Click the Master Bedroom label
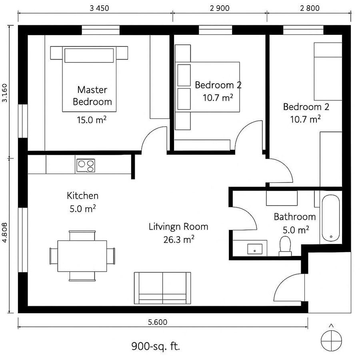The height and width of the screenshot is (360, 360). (92, 96)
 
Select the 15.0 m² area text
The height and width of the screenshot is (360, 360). (91, 119)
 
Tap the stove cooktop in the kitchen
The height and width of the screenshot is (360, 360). (86, 166)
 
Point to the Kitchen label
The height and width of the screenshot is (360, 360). (82, 196)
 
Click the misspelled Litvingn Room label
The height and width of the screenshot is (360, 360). (178, 227)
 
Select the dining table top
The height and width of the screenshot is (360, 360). (82, 256)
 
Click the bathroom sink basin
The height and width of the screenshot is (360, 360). (254, 249)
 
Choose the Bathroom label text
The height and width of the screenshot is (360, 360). (295, 217)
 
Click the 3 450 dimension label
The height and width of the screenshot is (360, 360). (95, 7)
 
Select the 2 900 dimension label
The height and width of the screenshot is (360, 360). (220, 7)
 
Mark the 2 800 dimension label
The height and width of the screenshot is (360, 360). (309, 7)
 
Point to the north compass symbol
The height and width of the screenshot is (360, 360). (332, 339)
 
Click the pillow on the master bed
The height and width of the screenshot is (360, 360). (90, 55)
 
